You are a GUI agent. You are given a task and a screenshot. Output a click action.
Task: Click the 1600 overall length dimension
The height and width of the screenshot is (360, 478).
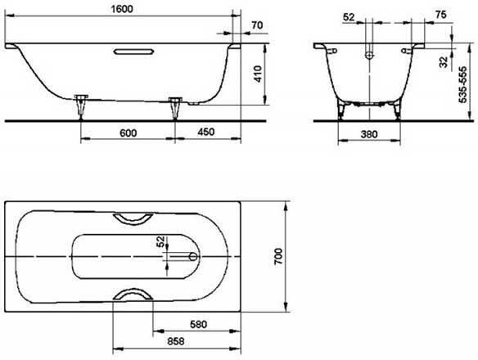coord(122,9)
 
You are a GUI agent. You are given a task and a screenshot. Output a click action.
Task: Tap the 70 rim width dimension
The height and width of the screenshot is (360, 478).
coord(257,25)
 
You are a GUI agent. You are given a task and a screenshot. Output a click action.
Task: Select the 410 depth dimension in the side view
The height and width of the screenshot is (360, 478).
coord(258,74)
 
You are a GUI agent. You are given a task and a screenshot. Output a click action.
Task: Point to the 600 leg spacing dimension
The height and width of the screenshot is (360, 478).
coord(128,133)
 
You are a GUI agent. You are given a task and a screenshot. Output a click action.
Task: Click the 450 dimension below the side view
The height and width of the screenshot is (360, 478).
coord(206,132)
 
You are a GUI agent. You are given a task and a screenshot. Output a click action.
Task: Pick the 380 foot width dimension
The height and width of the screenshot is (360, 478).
coord(369,134)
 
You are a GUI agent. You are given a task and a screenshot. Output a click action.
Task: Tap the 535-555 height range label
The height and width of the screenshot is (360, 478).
coord(462,85)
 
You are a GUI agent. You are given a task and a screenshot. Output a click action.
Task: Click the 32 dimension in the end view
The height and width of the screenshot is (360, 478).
coord(444,62)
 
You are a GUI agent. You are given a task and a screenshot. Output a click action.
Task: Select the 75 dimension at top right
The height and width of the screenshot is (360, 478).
coord(441,15)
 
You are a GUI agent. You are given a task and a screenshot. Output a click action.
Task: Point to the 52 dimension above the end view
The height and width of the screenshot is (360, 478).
coord(349,17)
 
